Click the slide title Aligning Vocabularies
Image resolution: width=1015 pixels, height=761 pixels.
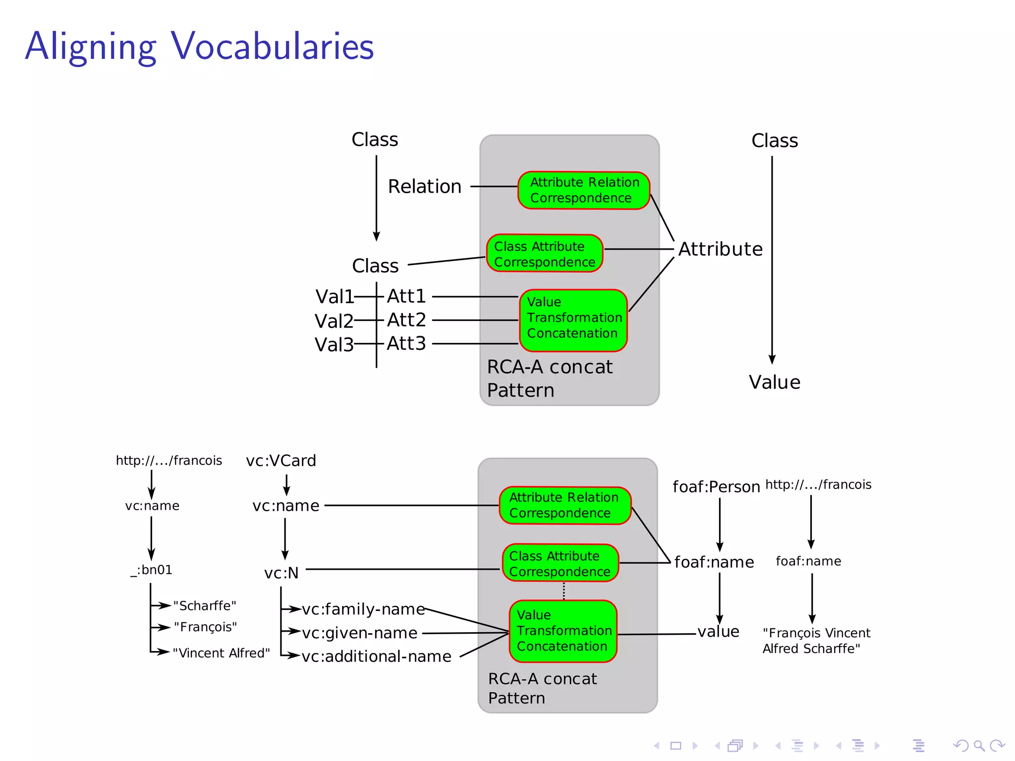(x=199, y=46)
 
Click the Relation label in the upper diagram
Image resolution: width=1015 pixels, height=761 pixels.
(x=424, y=187)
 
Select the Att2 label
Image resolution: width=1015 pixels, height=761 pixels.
(x=406, y=320)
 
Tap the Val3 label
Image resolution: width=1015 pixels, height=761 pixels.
(x=334, y=344)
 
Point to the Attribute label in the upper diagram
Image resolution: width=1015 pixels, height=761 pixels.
(x=720, y=249)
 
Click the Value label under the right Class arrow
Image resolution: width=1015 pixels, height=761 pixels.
(x=774, y=382)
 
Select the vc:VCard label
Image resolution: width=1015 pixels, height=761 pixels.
(x=281, y=461)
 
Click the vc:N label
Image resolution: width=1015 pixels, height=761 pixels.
(x=281, y=573)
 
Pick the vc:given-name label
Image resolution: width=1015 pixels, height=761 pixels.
(x=360, y=633)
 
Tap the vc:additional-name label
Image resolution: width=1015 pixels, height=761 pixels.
(x=376, y=656)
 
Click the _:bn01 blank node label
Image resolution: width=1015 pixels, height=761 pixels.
(x=152, y=570)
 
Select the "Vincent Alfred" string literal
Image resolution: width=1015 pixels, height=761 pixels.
(x=221, y=653)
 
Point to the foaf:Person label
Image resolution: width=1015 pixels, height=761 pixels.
(x=716, y=487)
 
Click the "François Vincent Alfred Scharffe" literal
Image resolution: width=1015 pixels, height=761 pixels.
(x=816, y=641)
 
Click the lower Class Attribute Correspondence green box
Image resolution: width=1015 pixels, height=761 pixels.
(x=561, y=563)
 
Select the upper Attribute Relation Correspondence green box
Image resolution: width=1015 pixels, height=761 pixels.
(x=583, y=190)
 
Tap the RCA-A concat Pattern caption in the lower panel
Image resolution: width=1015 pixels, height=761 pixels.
(x=542, y=688)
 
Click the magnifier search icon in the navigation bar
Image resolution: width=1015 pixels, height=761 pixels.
(x=979, y=746)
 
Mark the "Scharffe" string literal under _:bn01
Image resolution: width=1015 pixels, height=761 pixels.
(x=204, y=606)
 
